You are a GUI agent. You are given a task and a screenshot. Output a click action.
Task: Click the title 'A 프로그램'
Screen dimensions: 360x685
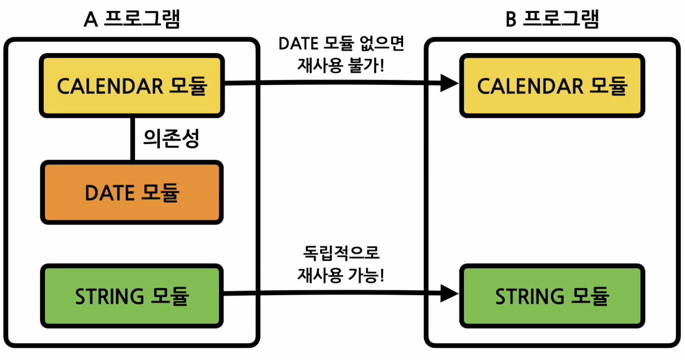(x=132, y=19)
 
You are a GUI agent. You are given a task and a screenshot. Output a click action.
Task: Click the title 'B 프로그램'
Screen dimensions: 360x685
(x=552, y=19)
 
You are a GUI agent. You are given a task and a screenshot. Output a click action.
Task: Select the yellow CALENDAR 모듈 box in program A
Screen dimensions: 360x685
(x=132, y=85)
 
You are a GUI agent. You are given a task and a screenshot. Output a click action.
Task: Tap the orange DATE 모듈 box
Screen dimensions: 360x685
(x=132, y=192)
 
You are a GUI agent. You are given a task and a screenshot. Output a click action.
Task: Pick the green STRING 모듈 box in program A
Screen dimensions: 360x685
(x=132, y=296)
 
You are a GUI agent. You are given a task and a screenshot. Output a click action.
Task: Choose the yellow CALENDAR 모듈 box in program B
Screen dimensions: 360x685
(x=552, y=85)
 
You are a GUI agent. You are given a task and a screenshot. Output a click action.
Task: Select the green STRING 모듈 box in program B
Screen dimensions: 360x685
(x=552, y=296)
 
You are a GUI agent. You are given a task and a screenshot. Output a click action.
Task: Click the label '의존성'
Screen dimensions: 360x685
(x=171, y=138)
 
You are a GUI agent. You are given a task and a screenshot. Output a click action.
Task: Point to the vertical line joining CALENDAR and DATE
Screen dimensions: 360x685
(x=132, y=139)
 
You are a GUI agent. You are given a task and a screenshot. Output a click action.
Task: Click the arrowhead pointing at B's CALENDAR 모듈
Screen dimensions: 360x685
(x=449, y=83)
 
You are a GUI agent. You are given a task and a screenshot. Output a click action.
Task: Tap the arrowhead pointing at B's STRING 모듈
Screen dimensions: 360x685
(x=449, y=293)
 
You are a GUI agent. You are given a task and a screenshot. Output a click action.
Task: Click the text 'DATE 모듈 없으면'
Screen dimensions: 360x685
(x=341, y=43)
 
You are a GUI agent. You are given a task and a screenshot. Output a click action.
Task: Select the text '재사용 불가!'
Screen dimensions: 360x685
(x=341, y=65)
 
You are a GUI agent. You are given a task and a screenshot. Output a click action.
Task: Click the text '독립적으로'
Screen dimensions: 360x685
(x=341, y=253)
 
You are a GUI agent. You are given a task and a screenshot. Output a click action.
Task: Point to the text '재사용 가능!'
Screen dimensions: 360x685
(x=341, y=275)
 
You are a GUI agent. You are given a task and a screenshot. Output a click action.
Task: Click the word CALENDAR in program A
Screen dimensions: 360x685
(x=110, y=86)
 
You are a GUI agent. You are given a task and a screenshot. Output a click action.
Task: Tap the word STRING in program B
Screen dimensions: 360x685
(x=529, y=297)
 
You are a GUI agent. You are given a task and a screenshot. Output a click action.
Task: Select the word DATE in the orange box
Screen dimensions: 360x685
(x=109, y=193)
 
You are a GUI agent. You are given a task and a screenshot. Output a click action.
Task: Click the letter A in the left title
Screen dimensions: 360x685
(x=90, y=20)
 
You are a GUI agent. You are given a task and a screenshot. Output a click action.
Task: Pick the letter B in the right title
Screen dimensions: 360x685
(x=511, y=20)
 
